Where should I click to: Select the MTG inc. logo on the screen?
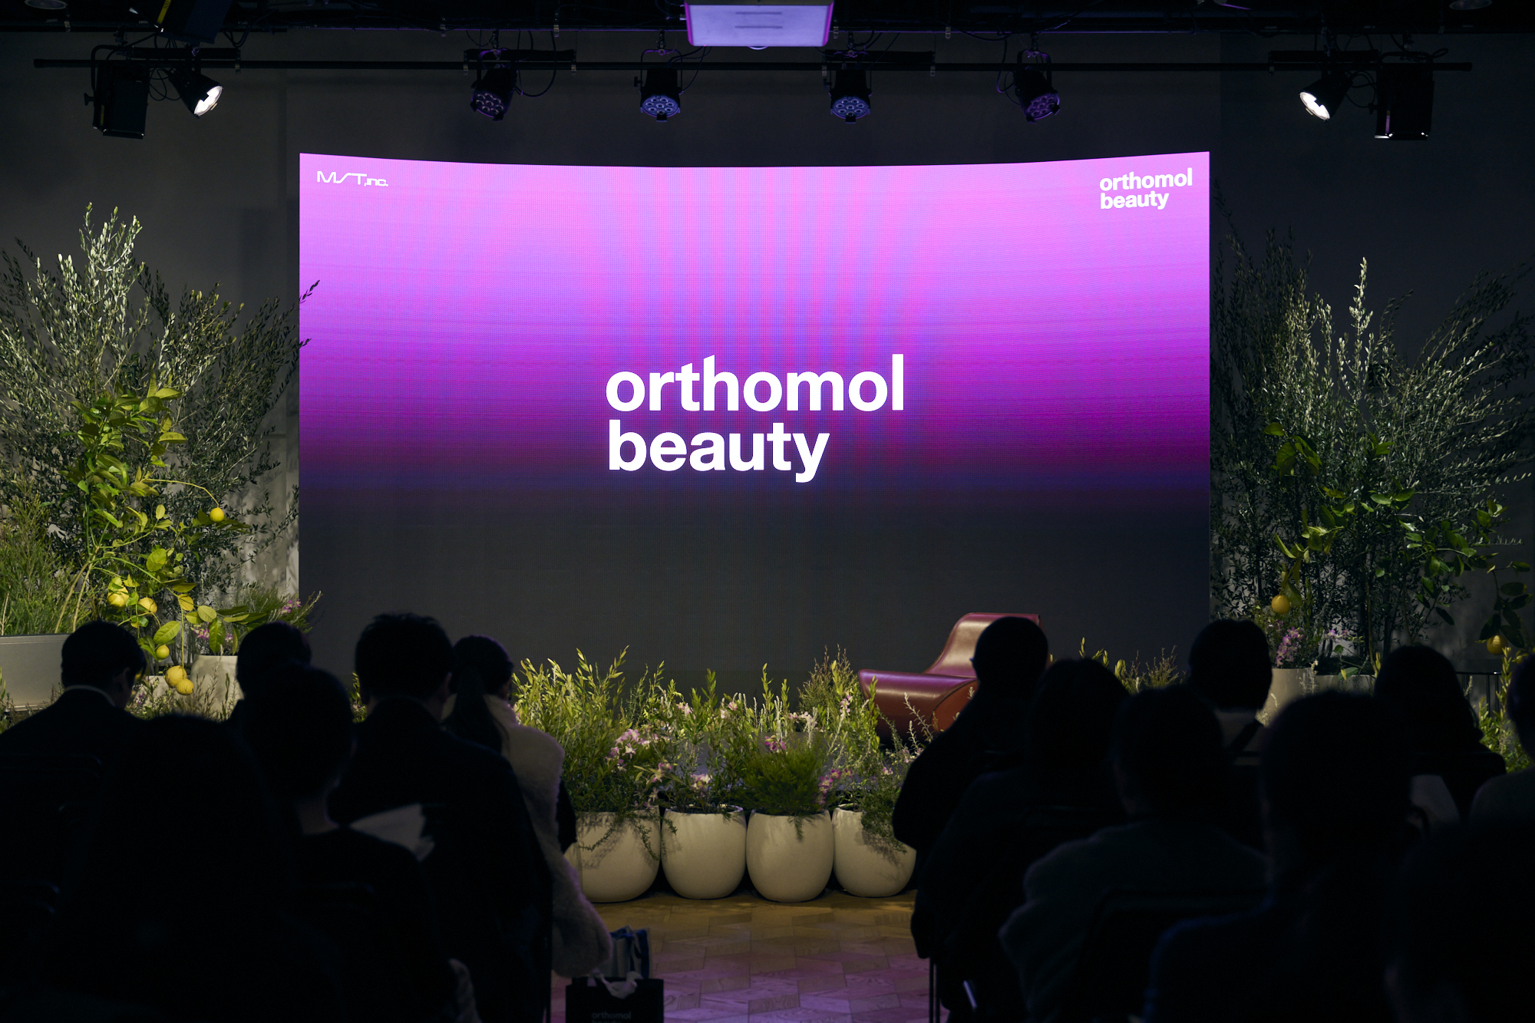click(x=352, y=179)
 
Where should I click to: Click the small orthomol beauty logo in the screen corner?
click(x=1145, y=190)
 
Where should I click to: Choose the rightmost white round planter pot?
click(x=873, y=852)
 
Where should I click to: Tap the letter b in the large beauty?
click(x=626, y=444)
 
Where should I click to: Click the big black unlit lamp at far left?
click(x=120, y=96)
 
